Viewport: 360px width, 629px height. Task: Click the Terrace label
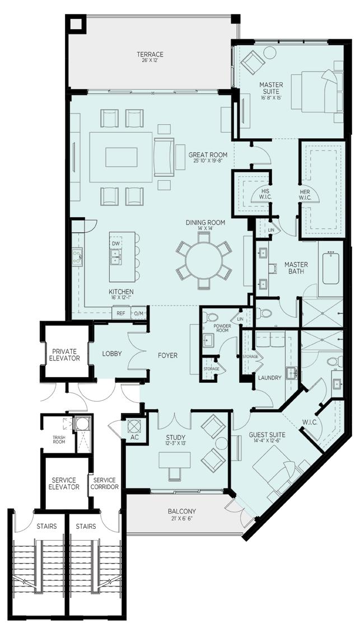[x=150, y=54]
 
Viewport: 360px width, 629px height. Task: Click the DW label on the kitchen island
[x=116, y=244]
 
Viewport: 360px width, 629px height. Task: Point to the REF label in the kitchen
[x=120, y=313]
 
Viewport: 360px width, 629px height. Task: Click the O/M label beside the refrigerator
[x=138, y=314]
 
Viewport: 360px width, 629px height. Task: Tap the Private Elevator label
[x=66, y=354]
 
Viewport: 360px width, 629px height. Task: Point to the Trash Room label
[x=59, y=439]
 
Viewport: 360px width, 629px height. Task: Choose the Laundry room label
[x=269, y=378]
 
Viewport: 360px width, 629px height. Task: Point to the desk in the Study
[x=174, y=459]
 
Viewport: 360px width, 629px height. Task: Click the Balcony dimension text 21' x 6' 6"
[x=181, y=519]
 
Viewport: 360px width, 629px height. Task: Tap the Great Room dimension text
[x=208, y=161]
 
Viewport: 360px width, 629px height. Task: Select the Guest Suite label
[x=267, y=435]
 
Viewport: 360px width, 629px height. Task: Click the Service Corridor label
[x=105, y=484]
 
